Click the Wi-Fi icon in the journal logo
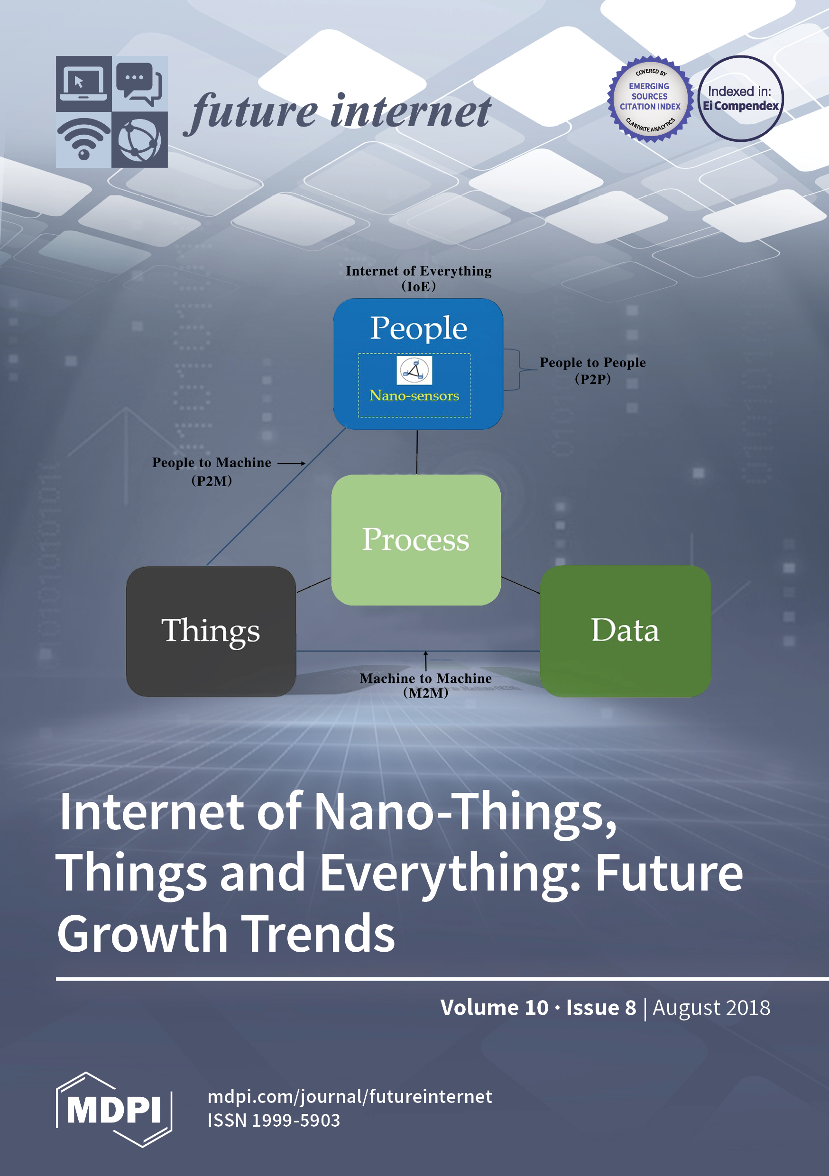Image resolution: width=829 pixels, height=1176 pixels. [83, 139]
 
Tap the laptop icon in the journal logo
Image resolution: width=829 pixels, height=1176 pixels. [83, 83]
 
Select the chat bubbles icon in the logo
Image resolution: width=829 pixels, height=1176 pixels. [139, 83]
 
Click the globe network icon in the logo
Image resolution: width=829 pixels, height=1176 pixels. [139, 139]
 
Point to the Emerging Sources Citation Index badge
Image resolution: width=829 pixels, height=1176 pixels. [650, 98]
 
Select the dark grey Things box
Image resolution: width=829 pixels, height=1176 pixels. [211, 631]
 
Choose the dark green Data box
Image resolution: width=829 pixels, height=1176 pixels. [625, 631]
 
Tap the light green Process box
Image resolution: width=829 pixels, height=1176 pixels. [416, 540]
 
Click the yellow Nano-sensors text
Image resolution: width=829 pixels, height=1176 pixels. [414, 396]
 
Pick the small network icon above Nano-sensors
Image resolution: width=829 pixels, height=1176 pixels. [414, 370]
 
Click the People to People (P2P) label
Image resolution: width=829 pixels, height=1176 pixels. [592, 370]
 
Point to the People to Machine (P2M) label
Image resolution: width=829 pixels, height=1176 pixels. [212, 471]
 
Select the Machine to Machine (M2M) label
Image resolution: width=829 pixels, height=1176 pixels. [425, 685]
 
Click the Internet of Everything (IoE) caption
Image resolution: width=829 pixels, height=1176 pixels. [419, 278]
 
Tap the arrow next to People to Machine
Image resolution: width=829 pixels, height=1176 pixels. [292, 463]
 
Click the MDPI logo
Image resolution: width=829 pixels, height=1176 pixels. [114, 1110]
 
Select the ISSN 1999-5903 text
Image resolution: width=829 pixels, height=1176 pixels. [274, 1120]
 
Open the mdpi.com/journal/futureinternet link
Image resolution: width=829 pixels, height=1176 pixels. [350, 1097]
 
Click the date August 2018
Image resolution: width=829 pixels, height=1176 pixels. [711, 1008]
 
